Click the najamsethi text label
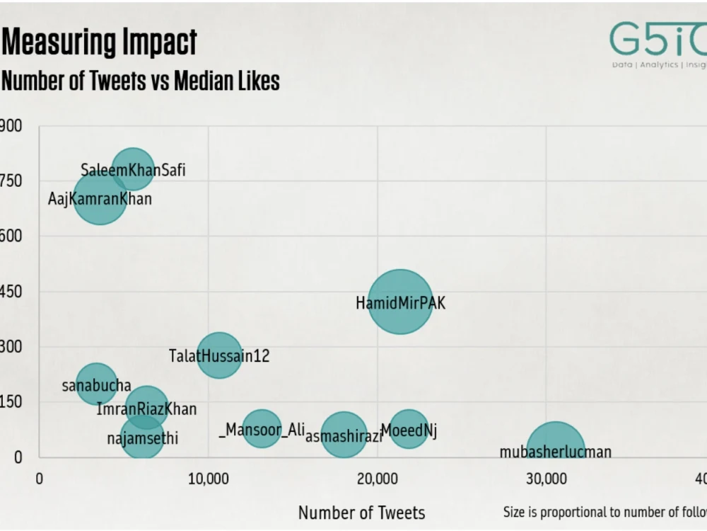tap(142, 439)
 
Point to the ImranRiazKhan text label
tap(146, 409)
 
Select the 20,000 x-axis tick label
tap(377, 479)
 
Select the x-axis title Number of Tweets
tap(361, 513)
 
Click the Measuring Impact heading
tap(99, 42)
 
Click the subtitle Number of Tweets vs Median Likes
tap(140, 81)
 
